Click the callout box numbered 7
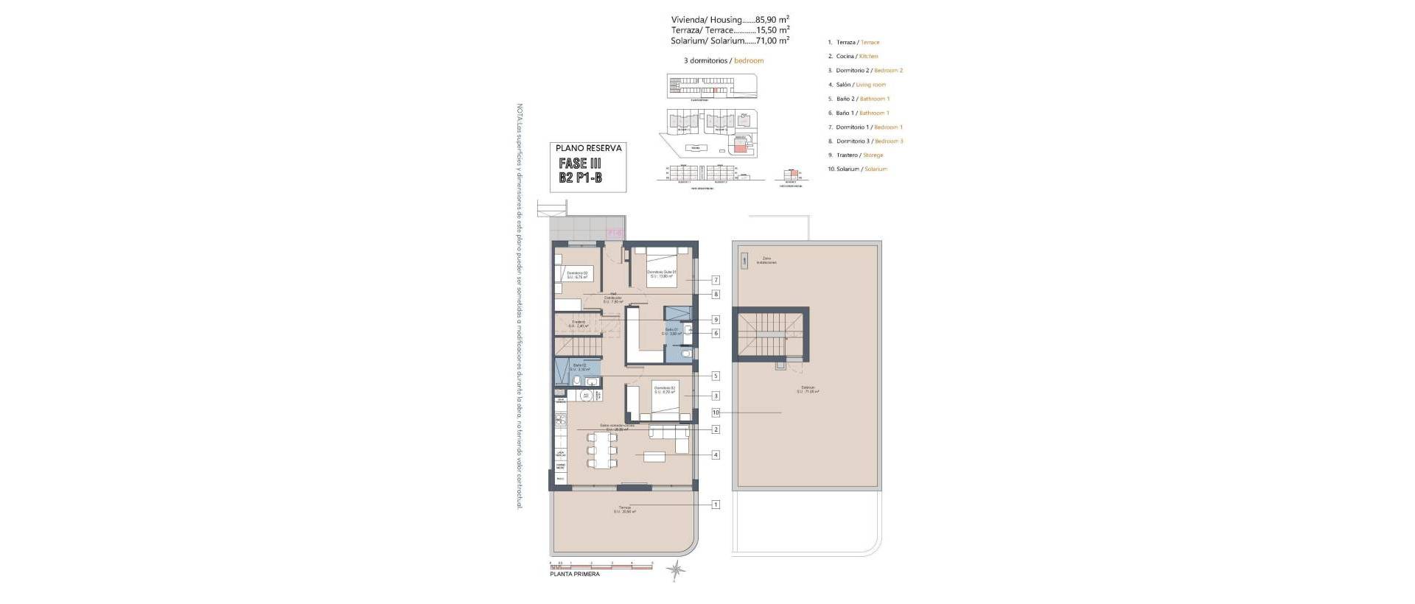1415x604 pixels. click(x=716, y=280)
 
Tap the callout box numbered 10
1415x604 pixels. click(x=716, y=412)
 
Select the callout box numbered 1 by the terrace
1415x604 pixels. click(x=716, y=505)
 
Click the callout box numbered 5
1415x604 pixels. click(x=716, y=376)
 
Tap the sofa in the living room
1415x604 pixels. click(x=669, y=440)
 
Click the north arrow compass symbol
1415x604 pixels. click(x=675, y=569)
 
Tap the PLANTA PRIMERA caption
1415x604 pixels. click(x=575, y=574)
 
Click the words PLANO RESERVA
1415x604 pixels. click(x=589, y=148)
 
